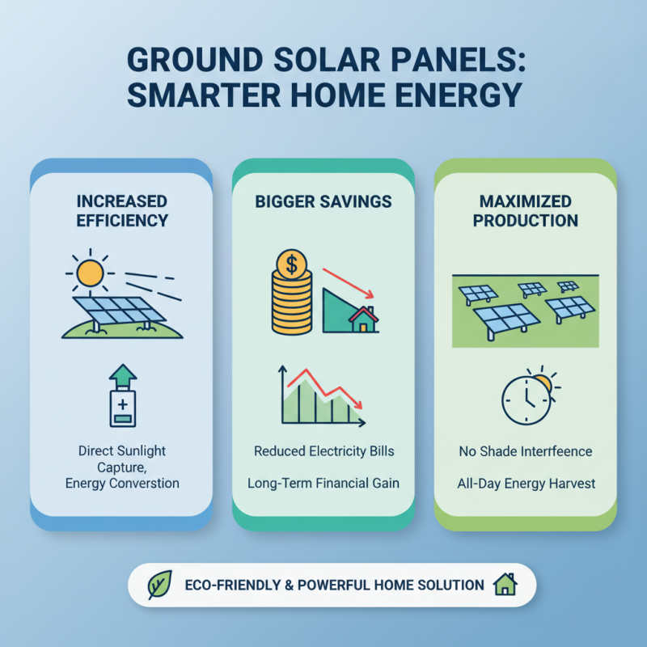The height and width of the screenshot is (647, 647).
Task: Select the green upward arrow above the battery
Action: tap(122, 374)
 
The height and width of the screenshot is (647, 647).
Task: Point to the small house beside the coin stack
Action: tap(364, 319)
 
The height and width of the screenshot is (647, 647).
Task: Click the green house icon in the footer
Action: tap(505, 584)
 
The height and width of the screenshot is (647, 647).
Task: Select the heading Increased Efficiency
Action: tap(122, 210)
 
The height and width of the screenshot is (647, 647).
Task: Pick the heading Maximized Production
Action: tap(526, 210)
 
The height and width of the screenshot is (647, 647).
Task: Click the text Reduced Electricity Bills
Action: tap(323, 451)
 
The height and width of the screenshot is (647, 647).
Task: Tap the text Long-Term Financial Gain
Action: tap(323, 484)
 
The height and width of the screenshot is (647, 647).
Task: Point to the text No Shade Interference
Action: tap(526, 451)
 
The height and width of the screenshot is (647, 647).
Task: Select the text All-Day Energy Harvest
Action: tap(526, 484)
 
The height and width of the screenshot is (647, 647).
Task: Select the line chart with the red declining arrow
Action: tap(322, 396)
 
